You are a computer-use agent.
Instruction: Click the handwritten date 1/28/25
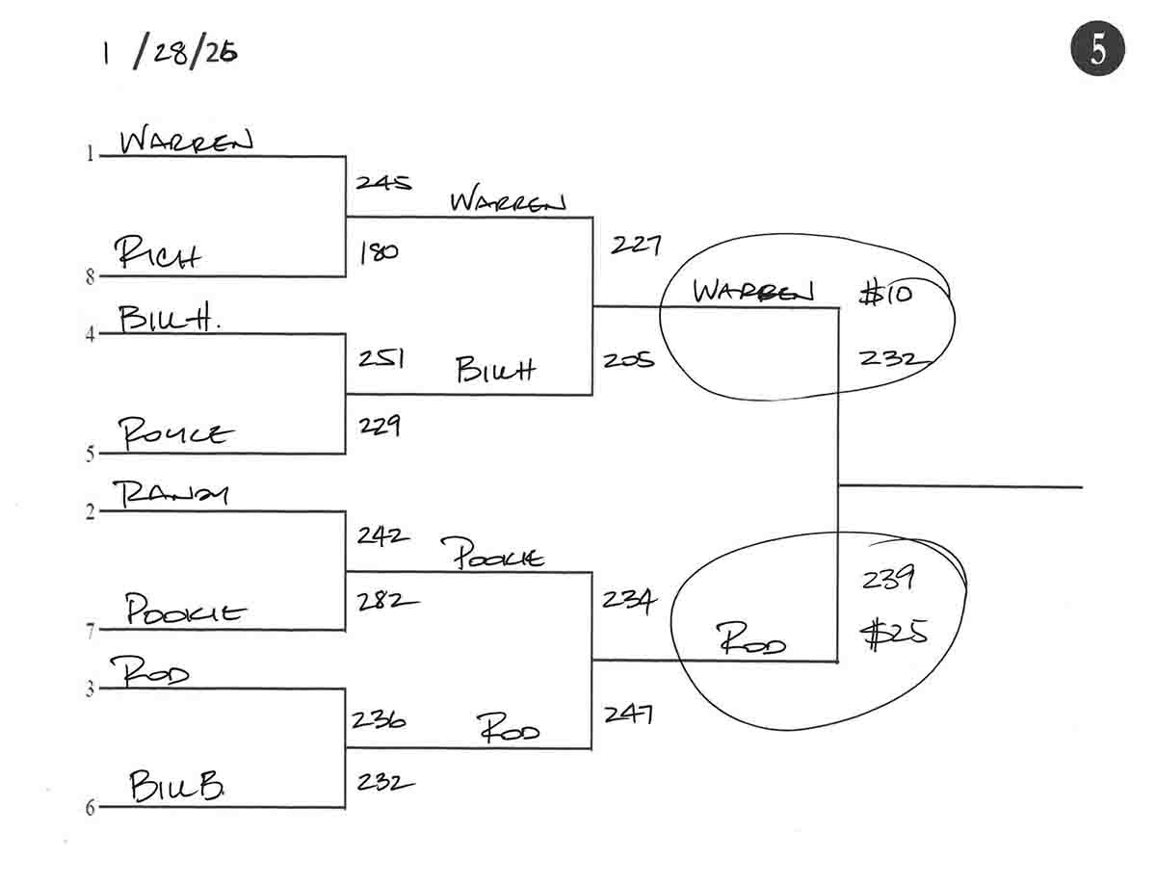[x=170, y=53]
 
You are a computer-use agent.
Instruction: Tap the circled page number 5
[x=1097, y=50]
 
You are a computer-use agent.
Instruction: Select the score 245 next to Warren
[x=382, y=182]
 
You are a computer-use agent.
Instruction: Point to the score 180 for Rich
[x=378, y=253]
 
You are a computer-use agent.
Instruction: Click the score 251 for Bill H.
[x=380, y=359]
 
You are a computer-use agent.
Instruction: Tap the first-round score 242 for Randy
[x=382, y=535]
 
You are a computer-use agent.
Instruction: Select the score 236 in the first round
[x=379, y=718]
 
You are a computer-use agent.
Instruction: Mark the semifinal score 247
[x=629, y=714]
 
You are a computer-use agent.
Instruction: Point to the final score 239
[x=888, y=580]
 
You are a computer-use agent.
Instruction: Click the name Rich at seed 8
[x=158, y=255]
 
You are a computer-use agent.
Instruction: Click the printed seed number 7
[x=91, y=632]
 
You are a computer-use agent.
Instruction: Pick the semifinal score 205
[x=628, y=360]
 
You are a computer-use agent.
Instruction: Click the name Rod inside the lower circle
[x=752, y=639]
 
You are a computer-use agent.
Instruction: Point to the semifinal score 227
[x=635, y=246]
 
